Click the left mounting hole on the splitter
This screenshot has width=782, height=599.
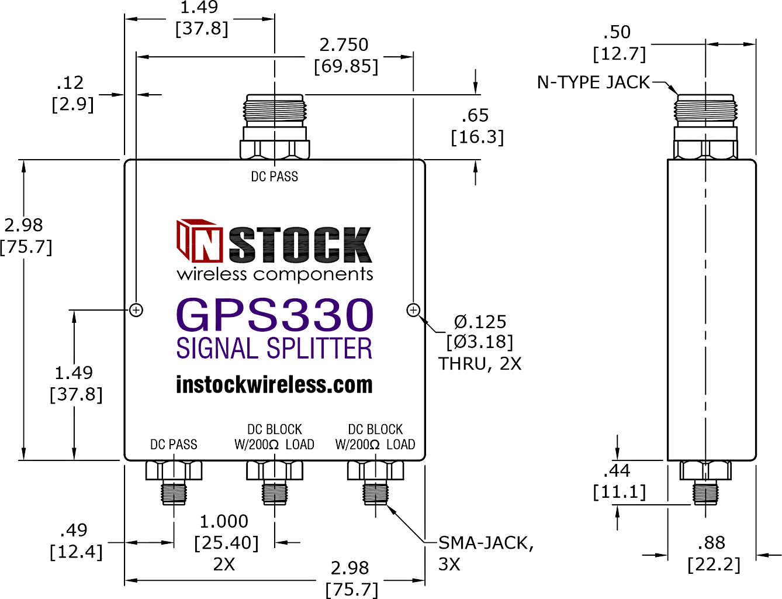point(136,310)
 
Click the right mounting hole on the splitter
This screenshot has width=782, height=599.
point(413,310)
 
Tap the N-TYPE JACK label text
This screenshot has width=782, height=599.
point(593,82)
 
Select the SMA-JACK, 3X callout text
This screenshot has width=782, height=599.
point(486,554)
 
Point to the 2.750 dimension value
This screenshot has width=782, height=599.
point(344,45)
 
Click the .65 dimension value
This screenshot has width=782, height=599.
point(475,115)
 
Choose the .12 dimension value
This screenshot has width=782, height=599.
point(70,83)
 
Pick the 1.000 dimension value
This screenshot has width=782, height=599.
point(224,522)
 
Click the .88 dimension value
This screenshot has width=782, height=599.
point(711,543)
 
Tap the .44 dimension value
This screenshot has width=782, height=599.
point(617,471)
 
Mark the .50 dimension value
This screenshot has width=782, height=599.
point(617,32)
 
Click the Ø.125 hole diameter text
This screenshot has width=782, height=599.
point(480,322)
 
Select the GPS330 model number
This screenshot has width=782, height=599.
point(275,314)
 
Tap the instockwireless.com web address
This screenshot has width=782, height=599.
point(274,385)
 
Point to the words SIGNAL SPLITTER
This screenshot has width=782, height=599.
point(274,348)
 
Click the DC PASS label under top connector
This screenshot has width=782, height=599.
point(274,177)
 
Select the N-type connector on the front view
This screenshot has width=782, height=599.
point(275,126)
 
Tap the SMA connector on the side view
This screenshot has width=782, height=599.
point(705,483)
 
